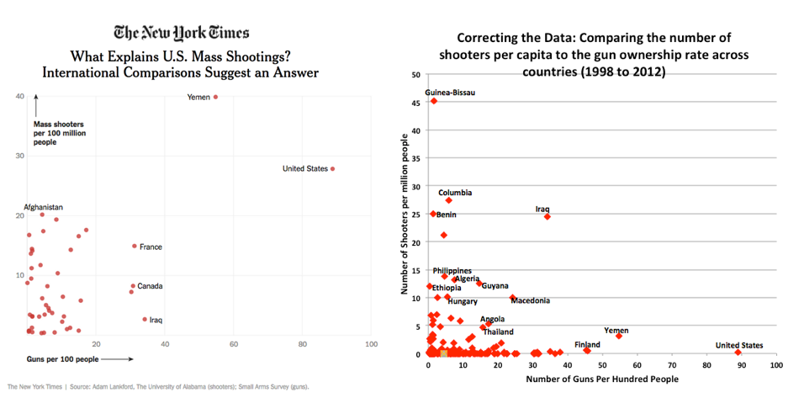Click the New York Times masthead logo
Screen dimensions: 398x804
click(181, 33)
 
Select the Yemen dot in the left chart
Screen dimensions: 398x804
click(215, 97)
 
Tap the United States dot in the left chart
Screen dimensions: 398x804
click(333, 169)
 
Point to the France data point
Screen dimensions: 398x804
click(134, 247)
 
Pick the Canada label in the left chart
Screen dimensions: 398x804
click(150, 286)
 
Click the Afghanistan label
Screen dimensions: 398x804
click(44, 207)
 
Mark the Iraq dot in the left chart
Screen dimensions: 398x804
click(145, 319)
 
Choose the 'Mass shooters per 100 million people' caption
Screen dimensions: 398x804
click(59, 133)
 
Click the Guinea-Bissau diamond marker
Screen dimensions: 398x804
click(434, 101)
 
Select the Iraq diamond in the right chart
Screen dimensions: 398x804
click(547, 216)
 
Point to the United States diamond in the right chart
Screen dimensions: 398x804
click(738, 353)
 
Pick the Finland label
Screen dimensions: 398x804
click(587, 344)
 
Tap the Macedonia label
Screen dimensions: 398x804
click(530, 300)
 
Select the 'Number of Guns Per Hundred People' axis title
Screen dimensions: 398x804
click(601, 379)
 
